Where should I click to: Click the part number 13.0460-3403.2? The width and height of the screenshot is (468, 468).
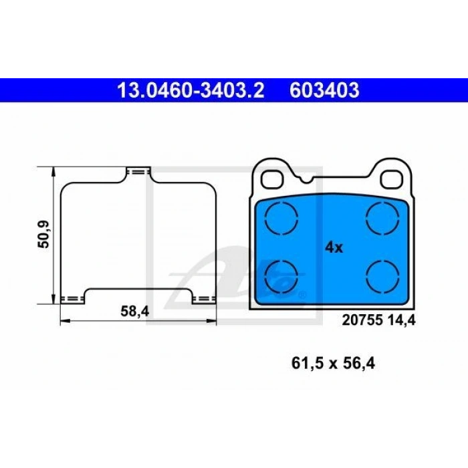tap(191, 90)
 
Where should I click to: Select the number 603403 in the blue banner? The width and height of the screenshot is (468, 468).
tap(324, 90)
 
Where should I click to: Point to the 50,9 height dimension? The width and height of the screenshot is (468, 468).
tap(43, 235)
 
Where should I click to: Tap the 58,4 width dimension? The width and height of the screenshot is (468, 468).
tap(134, 312)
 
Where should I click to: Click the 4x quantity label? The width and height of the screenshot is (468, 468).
tap(334, 247)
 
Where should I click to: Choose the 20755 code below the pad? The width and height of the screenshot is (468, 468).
tap(362, 320)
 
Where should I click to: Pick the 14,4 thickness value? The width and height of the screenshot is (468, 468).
tap(401, 320)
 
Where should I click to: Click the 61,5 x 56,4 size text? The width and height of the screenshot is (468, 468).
tap(333, 363)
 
